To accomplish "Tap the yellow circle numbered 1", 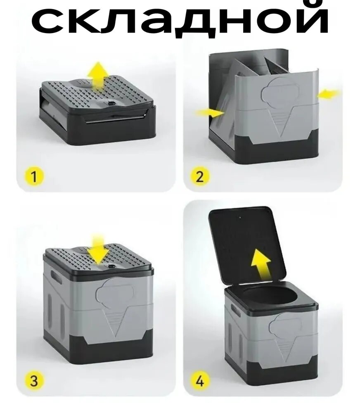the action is tap(34, 176).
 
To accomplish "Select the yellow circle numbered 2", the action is tap(200, 176).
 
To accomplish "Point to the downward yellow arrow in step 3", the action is tap(98, 249).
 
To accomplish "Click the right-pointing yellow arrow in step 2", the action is tap(210, 113).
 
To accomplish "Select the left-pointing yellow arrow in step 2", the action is tap(329, 93).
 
